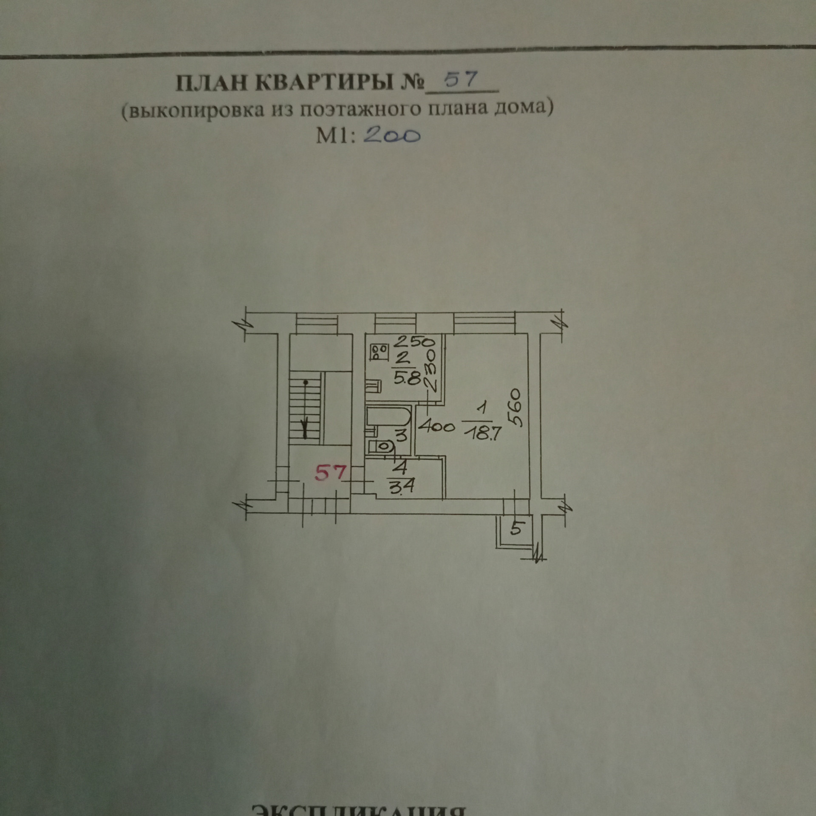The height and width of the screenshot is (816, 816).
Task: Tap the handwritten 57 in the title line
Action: click(462, 80)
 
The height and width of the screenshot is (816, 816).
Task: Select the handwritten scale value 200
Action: click(392, 136)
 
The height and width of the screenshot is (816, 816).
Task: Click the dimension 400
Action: click(436, 426)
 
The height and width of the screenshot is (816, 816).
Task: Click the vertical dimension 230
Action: click(432, 371)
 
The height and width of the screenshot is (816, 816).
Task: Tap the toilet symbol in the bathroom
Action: click(381, 447)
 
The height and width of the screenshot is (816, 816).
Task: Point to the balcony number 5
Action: click(516, 528)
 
